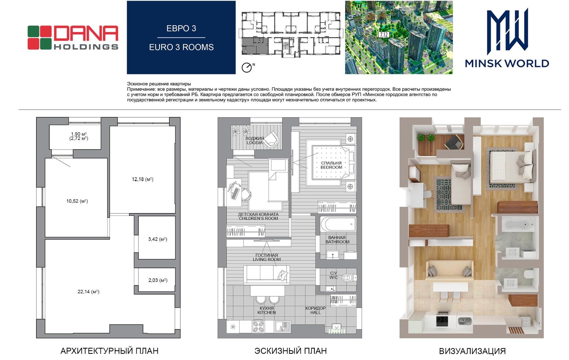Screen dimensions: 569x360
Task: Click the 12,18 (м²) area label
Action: (142, 179)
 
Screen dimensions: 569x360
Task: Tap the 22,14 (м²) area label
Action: (88, 292)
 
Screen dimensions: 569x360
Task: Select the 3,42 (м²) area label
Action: (157, 239)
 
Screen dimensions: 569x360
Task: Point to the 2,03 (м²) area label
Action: (158, 280)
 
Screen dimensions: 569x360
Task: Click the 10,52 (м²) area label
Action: (77, 201)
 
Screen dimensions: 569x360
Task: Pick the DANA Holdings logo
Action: (73, 37)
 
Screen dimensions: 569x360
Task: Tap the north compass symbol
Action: (247, 67)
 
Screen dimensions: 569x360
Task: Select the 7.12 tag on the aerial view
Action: (384, 35)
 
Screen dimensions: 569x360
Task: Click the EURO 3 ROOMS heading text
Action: (181, 47)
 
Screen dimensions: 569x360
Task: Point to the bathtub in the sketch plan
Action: (338, 224)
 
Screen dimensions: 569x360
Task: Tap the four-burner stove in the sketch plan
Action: (258, 327)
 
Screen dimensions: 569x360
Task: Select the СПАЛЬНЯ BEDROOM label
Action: (331, 165)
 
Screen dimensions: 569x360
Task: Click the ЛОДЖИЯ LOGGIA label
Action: (254, 141)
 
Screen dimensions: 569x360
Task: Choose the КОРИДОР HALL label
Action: (315, 310)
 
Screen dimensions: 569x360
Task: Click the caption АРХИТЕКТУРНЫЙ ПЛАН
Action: (109, 351)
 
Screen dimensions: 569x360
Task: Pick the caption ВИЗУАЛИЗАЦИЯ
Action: (472, 351)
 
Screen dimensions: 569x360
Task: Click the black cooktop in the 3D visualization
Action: (442, 321)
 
